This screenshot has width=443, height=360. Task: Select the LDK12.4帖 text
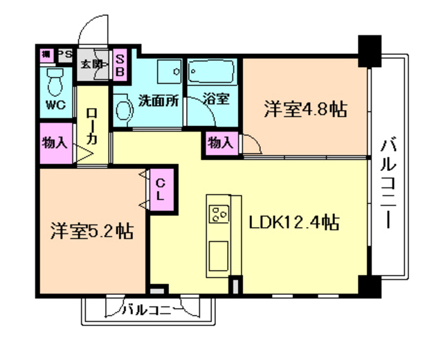[294, 222]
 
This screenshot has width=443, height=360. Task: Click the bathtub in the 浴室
[212, 72]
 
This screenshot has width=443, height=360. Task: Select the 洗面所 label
[158, 99]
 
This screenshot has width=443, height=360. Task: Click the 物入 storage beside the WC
[55, 143]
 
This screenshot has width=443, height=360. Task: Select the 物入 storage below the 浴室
[220, 143]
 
